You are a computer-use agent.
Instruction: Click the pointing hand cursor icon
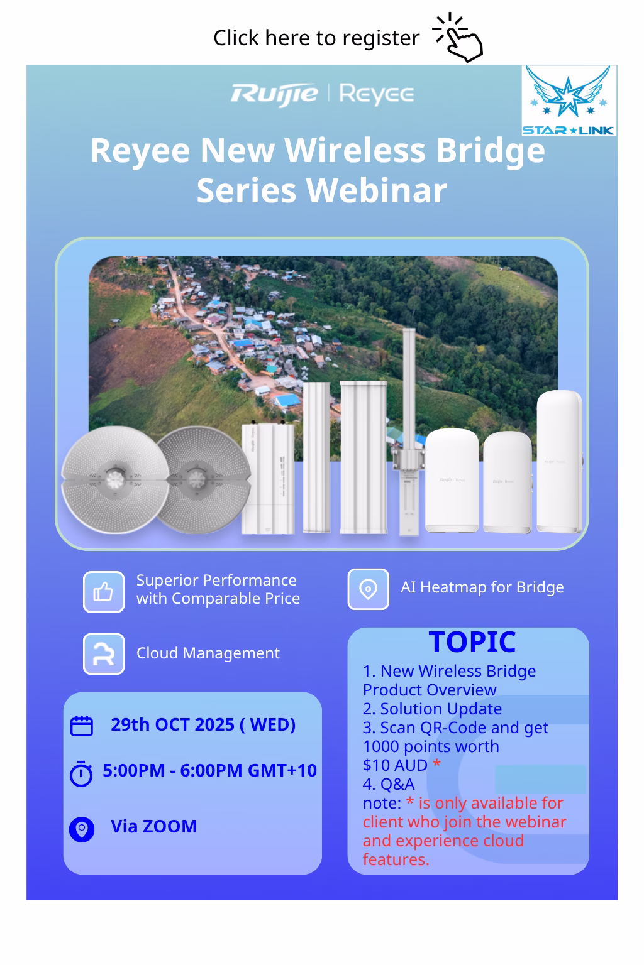tap(458, 38)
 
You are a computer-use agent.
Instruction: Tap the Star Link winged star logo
tap(569, 101)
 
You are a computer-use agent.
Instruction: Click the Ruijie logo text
tap(274, 95)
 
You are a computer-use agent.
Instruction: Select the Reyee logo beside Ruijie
tap(377, 94)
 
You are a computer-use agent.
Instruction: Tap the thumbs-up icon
tap(104, 592)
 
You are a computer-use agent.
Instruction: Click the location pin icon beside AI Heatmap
tap(368, 589)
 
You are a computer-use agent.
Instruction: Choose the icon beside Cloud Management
tap(104, 653)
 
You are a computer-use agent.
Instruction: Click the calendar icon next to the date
tap(82, 726)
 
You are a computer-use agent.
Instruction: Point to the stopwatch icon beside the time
tap(81, 774)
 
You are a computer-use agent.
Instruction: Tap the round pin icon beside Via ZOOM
tap(82, 829)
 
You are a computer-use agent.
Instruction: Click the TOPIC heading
tap(472, 642)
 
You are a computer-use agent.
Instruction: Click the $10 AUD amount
tap(395, 766)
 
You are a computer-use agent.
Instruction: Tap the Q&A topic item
tap(389, 784)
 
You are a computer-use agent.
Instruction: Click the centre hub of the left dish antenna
tap(115, 478)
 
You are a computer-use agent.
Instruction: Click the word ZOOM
tap(170, 826)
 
